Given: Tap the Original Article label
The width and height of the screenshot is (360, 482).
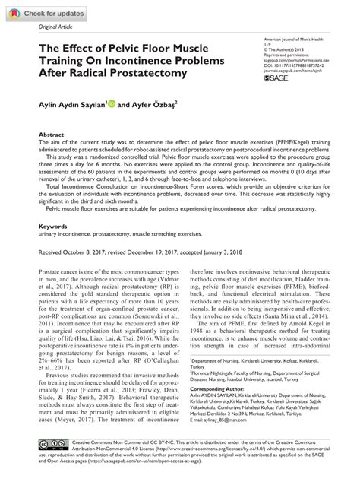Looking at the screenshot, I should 46,27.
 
